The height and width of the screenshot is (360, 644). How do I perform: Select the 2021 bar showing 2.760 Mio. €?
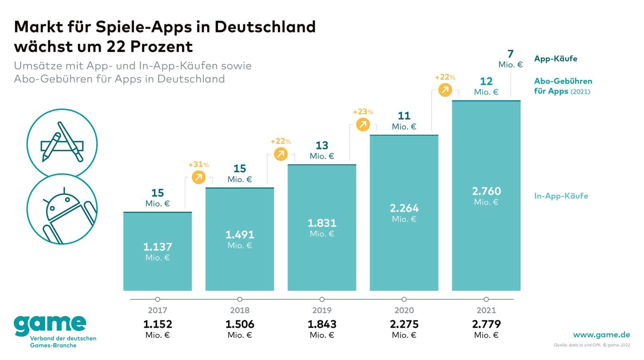tap(486, 195)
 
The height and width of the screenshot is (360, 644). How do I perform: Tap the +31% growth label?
tap(198, 165)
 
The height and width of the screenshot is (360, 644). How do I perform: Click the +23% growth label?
tap(363, 112)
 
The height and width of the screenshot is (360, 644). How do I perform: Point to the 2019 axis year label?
tap(322, 310)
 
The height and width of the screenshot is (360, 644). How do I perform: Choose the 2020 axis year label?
tap(404, 310)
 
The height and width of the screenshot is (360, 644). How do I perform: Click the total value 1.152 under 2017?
tap(157, 324)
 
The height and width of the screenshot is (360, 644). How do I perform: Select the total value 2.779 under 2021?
tap(486, 324)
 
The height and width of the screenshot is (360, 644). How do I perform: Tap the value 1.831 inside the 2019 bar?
tap(322, 223)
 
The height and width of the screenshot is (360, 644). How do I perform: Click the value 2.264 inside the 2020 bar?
tap(404, 208)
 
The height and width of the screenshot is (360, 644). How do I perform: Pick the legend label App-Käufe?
tap(555, 59)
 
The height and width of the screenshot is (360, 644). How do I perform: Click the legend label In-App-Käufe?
tap(561, 196)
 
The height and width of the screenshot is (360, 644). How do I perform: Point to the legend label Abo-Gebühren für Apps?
tap(563, 86)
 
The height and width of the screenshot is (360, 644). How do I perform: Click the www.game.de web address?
tap(601, 335)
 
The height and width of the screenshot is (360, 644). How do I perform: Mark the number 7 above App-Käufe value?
tap(510, 54)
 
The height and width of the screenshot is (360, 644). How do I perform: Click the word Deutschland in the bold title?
tap(265, 27)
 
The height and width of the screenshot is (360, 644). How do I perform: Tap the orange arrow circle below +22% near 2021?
tap(445, 90)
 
